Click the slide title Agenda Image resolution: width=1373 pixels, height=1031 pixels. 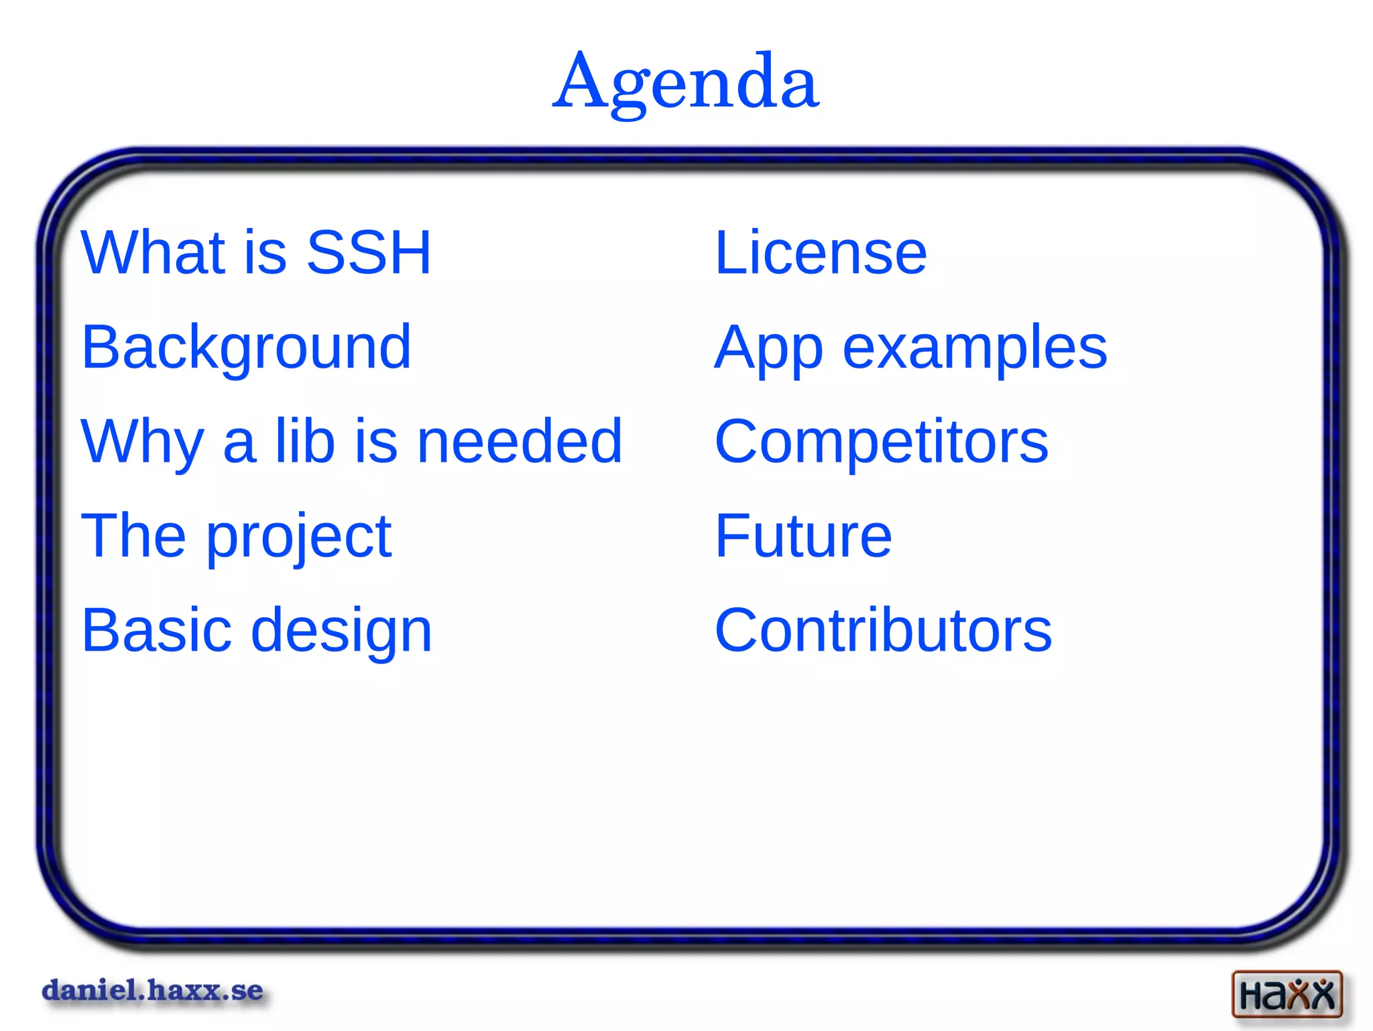pos(685,82)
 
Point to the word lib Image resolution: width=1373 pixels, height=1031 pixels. pos(305,441)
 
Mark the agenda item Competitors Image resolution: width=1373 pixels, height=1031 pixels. pos(881,441)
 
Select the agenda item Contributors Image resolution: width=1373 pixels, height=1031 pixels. pos(883,631)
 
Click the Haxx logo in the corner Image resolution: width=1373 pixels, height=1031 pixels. pos(1287,993)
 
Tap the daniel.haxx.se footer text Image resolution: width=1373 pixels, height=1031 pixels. pos(152,991)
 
